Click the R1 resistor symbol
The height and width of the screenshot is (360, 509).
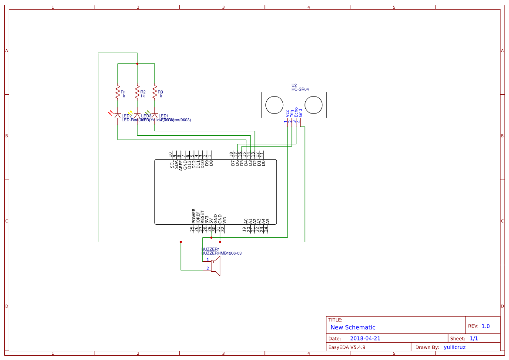tap(117, 92)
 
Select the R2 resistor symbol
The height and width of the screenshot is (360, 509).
tap(137, 92)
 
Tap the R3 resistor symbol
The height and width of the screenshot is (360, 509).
tap(154, 92)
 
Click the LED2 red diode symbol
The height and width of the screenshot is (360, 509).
tap(117, 116)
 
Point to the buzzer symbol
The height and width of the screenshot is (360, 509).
tap(215, 266)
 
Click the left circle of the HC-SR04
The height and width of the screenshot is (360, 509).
tap(275, 105)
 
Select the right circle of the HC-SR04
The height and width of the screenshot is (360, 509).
tap(313, 105)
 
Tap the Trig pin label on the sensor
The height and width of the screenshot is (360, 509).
tap(292, 112)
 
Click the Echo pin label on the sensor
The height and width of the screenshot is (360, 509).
tap(296, 111)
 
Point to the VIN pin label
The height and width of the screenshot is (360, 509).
tap(224, 220)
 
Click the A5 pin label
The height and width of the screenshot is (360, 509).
tap(268, 221)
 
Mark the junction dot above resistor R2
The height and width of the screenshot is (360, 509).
tap(137, 63)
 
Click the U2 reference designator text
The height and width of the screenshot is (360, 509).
tap(294, 85)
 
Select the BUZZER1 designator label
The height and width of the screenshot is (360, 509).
tap(211, 249)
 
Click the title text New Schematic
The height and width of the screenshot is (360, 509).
tap(353, 327)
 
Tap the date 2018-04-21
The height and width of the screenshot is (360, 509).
tap(365, 338)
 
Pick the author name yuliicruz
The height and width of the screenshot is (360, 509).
tap(455, 347)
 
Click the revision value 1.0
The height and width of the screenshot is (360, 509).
tap(486, 326)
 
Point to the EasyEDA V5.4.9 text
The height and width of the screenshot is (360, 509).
tap(347, 347)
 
